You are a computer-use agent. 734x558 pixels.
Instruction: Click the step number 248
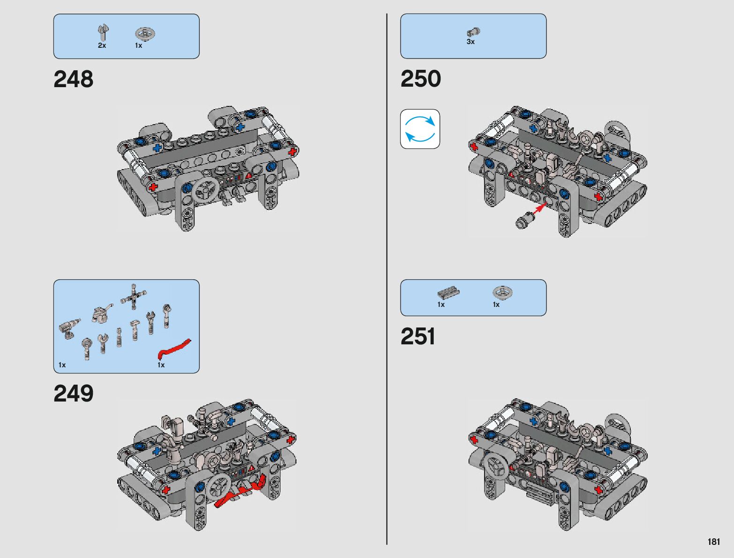tap(73, 79)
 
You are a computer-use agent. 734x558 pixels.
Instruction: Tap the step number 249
tap(73, 394)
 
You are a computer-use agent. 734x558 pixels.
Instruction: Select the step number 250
tap(420, 79)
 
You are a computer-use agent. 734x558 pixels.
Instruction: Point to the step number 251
tap(417, 336)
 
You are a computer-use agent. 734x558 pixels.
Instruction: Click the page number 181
tap(713, 542)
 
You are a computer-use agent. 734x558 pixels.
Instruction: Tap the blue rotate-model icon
tap(420, 129)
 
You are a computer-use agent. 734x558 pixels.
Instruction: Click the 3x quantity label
tap(470, 42)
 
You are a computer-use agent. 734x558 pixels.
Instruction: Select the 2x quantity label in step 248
tap(102, 45)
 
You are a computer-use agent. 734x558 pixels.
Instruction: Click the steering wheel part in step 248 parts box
tap(145, 34)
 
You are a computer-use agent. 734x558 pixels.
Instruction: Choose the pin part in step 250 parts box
tap(473, 32)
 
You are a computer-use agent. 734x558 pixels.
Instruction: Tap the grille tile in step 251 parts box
tap(448, 292)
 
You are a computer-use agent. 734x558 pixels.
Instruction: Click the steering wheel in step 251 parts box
tap(502, 292)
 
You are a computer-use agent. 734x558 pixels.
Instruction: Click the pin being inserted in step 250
tap(524, 220)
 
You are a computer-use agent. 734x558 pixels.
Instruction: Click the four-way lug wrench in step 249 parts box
tap(133, 296)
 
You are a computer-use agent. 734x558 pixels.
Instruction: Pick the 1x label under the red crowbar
tap(161, 365)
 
